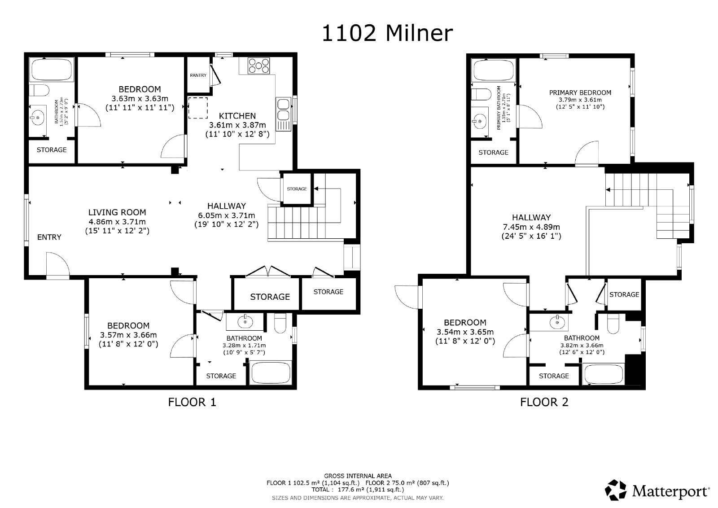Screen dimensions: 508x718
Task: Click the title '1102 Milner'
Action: pos(387,34)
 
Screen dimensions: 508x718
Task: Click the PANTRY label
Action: pos(198,75)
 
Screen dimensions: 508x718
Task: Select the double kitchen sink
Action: pos(284,109)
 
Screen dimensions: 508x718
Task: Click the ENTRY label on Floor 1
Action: pos(49,237)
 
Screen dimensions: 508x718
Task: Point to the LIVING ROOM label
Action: pos(117,212)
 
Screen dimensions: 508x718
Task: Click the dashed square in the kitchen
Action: pos(198,108)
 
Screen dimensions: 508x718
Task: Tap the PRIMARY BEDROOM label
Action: pos(580,93)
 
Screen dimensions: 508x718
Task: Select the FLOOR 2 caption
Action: pos(544,402)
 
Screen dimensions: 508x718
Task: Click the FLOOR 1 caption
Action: pos(192,402)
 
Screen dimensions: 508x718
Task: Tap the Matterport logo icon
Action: pos(617,490)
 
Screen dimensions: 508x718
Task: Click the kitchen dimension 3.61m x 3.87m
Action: pos(237,125)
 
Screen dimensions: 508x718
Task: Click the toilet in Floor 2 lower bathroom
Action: pos(613,324)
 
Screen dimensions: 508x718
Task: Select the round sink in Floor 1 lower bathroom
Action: pos(245,321)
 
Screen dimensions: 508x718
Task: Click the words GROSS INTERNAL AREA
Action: pos(358,476)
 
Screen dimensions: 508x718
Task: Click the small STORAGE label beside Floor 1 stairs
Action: pos(297,189)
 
